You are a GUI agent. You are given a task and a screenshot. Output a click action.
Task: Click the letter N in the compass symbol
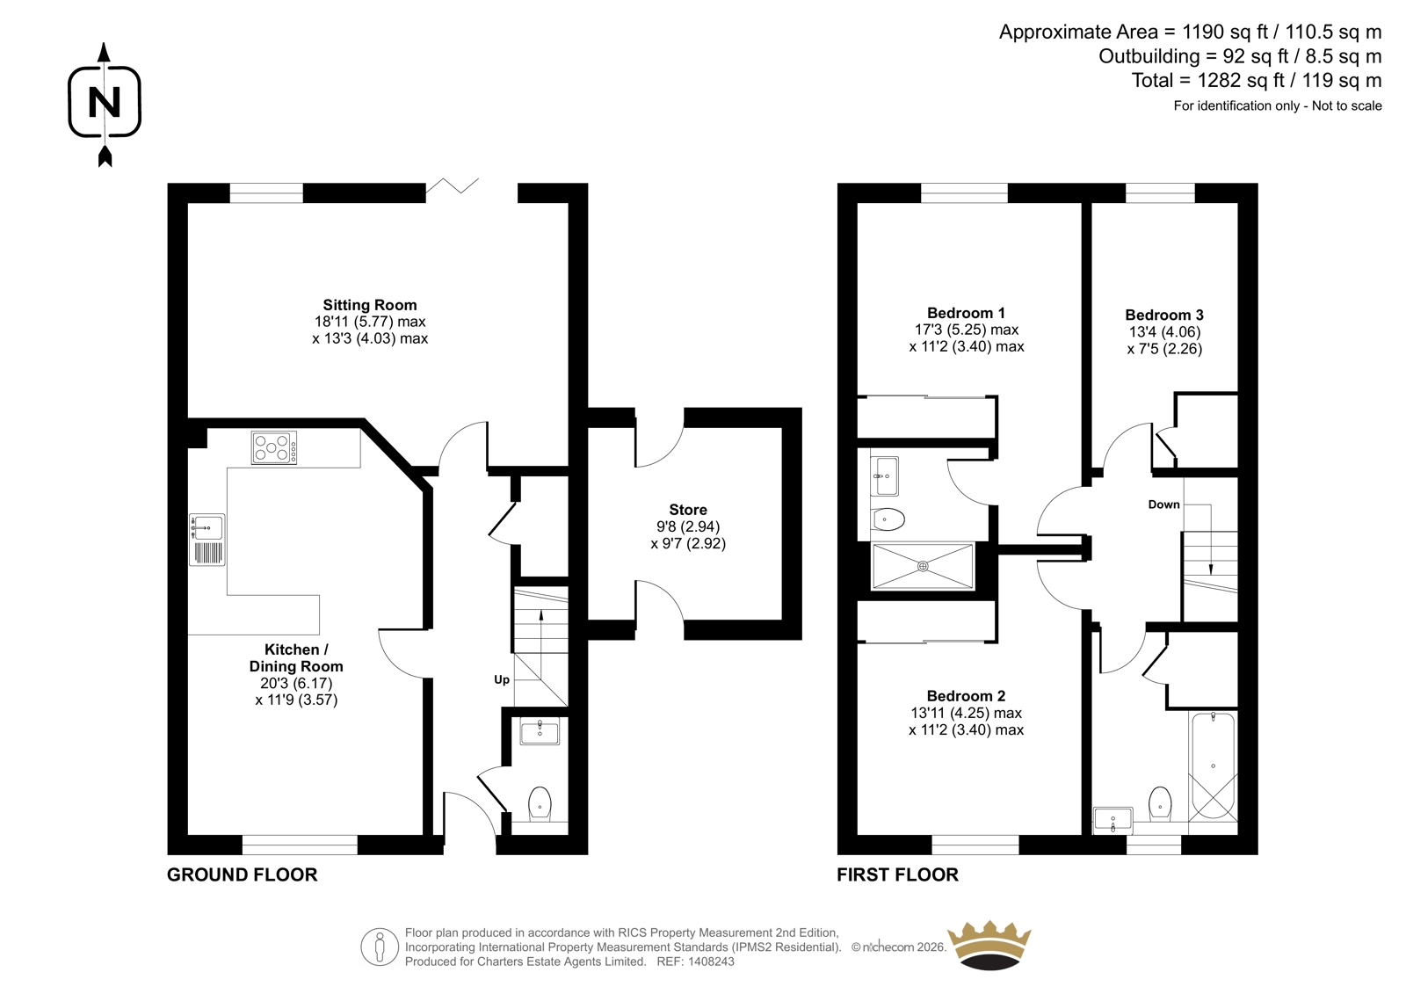click(105, 102)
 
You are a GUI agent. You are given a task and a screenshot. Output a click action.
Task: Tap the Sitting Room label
click(370, 305)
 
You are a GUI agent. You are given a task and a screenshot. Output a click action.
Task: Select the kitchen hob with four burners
click(274, 447)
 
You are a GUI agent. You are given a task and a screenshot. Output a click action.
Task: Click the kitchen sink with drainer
click(207, 540)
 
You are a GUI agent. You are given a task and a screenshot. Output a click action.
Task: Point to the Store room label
click(688, 510)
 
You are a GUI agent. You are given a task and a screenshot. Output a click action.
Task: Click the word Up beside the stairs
click(502, 680)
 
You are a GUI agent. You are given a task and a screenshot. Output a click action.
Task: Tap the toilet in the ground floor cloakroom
click(540, 804)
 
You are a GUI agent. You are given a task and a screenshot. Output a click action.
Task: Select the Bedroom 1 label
click(966, 313)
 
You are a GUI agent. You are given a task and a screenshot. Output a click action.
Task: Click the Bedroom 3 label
click(1164, 316)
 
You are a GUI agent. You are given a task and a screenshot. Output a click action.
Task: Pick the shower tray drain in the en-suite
click(923, 566)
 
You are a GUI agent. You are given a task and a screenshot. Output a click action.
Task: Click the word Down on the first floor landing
click(1163, 504)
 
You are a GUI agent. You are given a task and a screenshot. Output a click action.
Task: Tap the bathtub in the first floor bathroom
click(1213, 765)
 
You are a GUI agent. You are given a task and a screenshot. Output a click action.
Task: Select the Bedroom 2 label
click(966, 696)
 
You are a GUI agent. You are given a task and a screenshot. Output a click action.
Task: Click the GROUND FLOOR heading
click(243, 874)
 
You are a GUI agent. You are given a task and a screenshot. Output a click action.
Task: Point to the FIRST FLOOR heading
click(897, 874)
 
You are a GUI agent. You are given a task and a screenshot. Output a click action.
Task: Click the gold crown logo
click(989, 945)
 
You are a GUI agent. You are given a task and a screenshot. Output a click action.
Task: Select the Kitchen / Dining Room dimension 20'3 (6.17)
click(296, 683)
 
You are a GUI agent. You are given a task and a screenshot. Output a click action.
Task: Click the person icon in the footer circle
click(379, 947)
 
